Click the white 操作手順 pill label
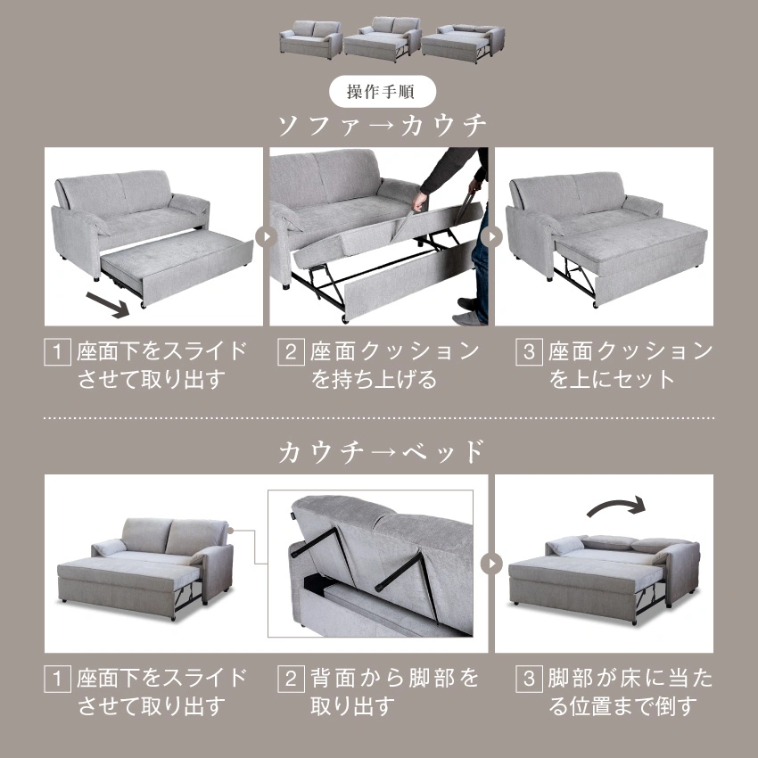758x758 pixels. [383, 91]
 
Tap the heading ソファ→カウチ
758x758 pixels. [382, 126]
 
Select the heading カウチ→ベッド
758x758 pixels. [382, 452]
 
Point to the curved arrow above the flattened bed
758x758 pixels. [616, 507]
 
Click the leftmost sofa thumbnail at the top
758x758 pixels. [311, 39]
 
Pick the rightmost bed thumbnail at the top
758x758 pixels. [463, 43]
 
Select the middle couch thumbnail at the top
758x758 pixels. [383, 39]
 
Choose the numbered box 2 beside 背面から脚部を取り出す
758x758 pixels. [291, 679]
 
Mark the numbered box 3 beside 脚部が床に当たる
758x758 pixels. [530, 679]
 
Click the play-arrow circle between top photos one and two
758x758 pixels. [267, 237]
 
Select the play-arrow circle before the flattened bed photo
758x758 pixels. [491, 564]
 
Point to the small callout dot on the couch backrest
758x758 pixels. [231, 531]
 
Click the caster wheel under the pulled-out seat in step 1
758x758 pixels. [143, 306]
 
